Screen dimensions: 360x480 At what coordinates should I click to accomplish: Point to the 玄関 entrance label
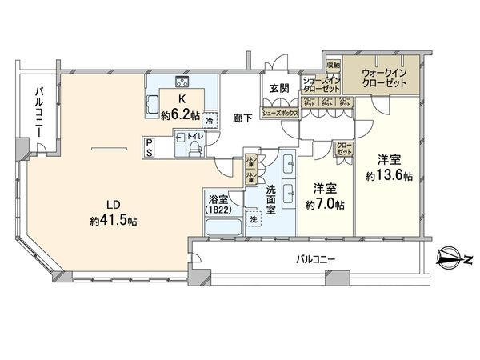point(279,89)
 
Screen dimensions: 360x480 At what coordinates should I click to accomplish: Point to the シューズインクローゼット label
point(322,85)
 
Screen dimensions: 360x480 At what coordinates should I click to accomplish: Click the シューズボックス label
point(281,114)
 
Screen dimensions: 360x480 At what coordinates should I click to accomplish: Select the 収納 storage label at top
point(334,65)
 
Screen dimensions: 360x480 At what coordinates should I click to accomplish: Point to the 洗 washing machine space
point(254,219)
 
